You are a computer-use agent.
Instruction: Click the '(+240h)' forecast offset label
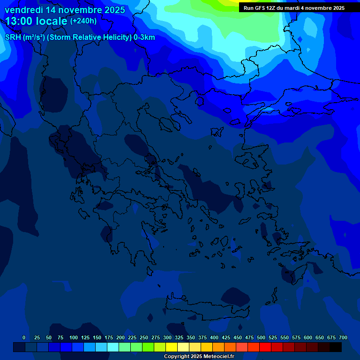83,21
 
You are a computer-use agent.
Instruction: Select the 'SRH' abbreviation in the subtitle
13,37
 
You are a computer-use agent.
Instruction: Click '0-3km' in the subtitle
144,37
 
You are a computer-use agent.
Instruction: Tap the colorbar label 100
74,337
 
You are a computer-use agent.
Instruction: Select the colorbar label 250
144,337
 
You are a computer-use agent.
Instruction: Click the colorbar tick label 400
214,337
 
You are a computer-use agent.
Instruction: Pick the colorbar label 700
343,337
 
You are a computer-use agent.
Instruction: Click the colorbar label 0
24,337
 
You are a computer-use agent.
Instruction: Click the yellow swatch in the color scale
172,347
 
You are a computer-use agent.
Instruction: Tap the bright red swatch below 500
265,347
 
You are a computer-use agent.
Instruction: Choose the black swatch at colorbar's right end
336,347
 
